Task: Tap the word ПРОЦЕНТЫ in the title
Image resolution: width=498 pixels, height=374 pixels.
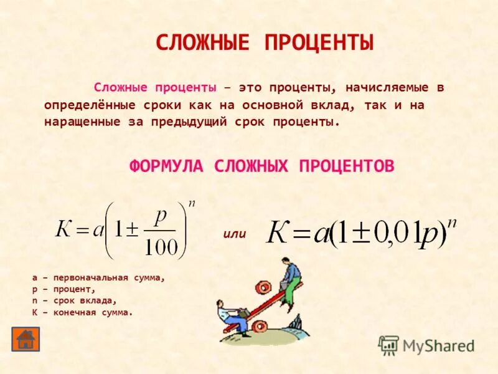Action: coord(319,43)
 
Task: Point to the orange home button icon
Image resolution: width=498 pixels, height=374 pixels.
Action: coord(26,338)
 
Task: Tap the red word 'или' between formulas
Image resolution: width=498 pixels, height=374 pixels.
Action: coord(235,234)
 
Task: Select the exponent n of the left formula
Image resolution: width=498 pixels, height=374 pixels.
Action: coord(192,204)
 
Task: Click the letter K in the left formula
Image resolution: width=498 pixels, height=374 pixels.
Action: coord(64,231)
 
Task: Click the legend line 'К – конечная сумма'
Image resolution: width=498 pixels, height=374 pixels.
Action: coord(82,312)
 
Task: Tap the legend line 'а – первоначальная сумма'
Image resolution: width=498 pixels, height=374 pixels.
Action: coord(98,278)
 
